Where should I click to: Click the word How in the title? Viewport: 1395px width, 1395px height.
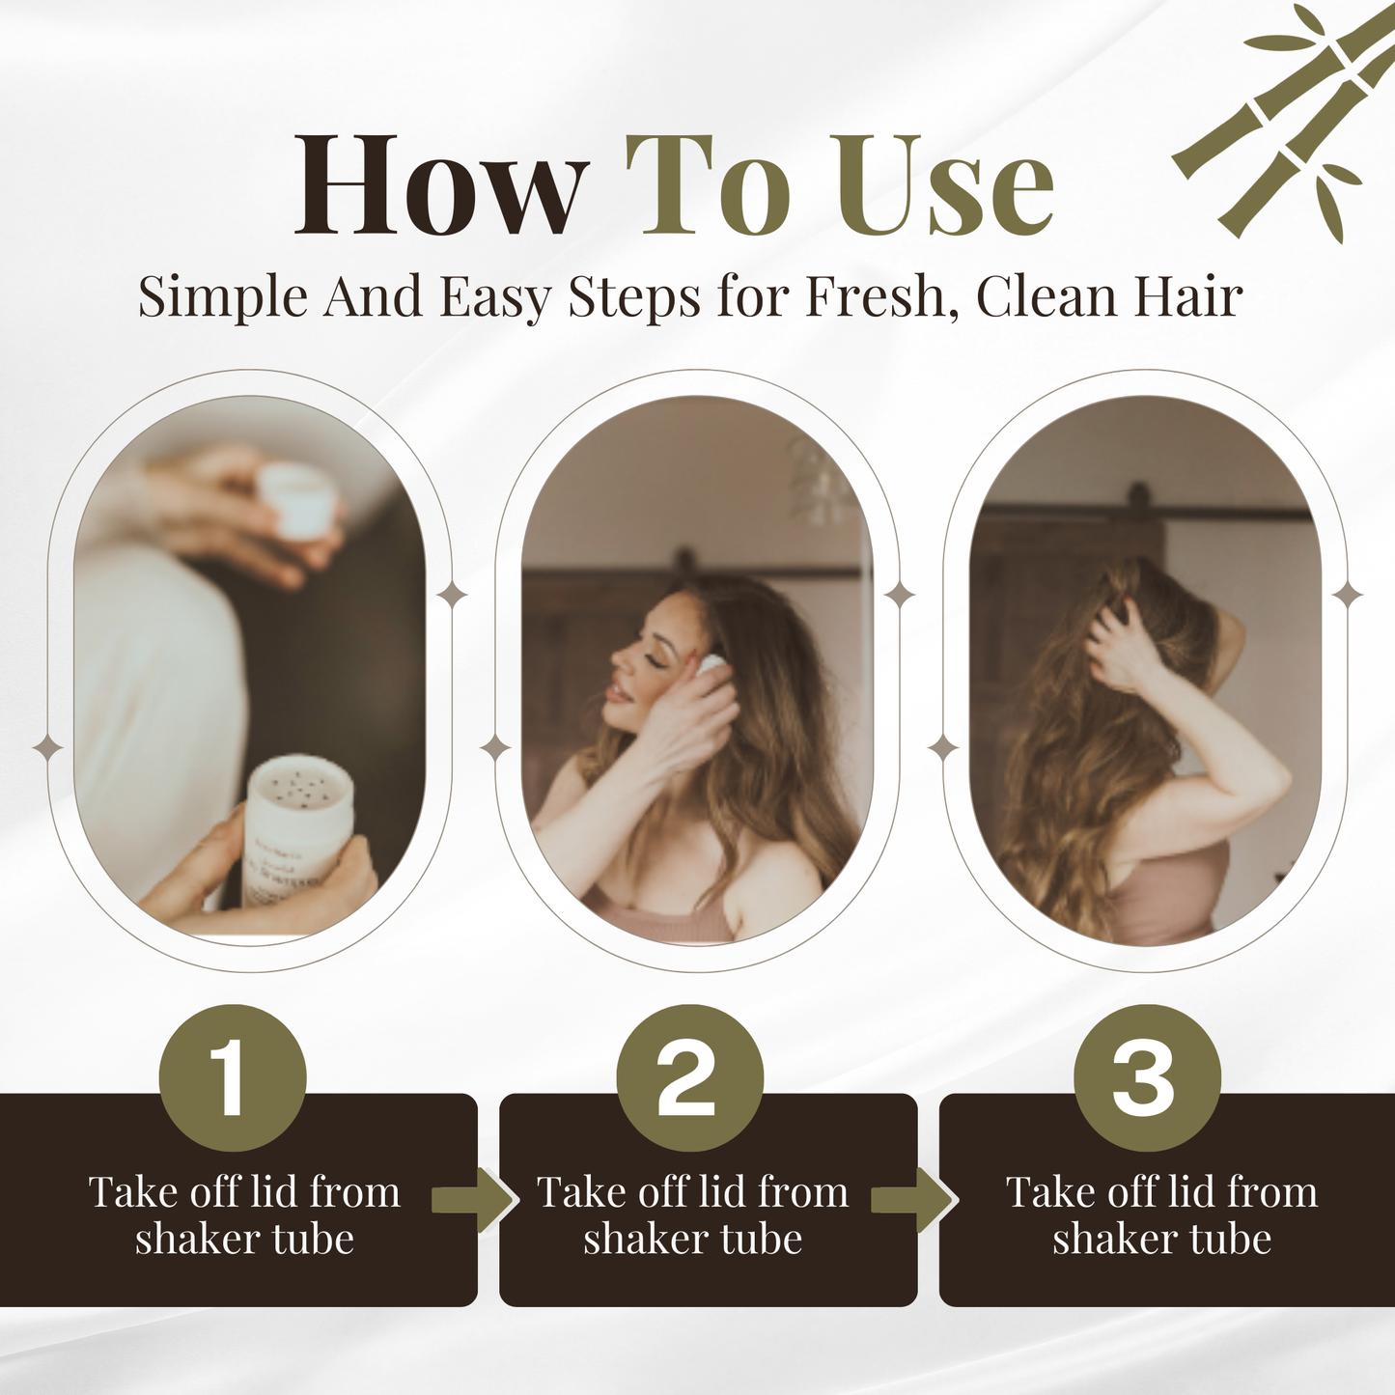coord(440,185)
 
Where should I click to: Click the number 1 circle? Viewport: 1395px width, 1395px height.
coord(233,1077)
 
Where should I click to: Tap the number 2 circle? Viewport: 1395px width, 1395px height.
coord(690,1077)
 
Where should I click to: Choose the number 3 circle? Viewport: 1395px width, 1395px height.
coord(1148,1077)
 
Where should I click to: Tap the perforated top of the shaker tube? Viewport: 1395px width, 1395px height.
coord(300,785)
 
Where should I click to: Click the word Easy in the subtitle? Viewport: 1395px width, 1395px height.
coord(495,295)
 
